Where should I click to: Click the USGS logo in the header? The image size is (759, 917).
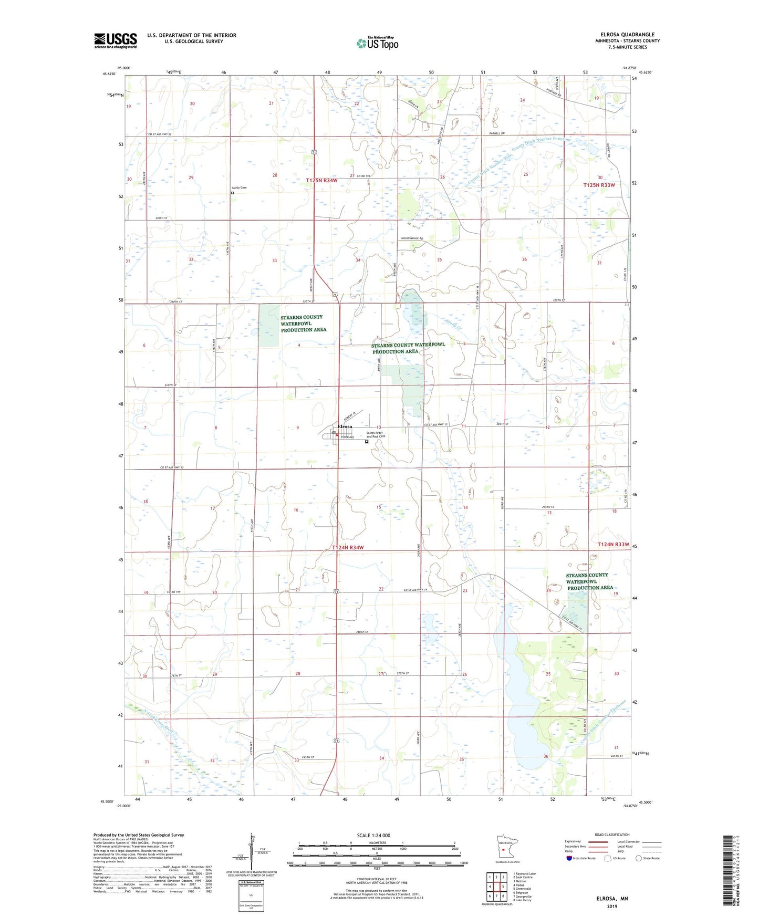click(x=116, y=40)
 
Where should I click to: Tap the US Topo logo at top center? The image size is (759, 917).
click(x=377, y=43)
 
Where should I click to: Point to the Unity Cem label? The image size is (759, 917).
click(x=239, y=187)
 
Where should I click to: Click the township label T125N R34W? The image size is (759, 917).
click(x=321, y=180)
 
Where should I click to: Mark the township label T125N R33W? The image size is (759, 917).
click(x=599, y=185)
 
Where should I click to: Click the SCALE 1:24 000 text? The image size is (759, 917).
click(x=373, y=836)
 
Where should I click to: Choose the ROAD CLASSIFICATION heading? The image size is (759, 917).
click(x=611, y=835)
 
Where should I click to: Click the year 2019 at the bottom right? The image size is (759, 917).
click(x=612, y=906)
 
